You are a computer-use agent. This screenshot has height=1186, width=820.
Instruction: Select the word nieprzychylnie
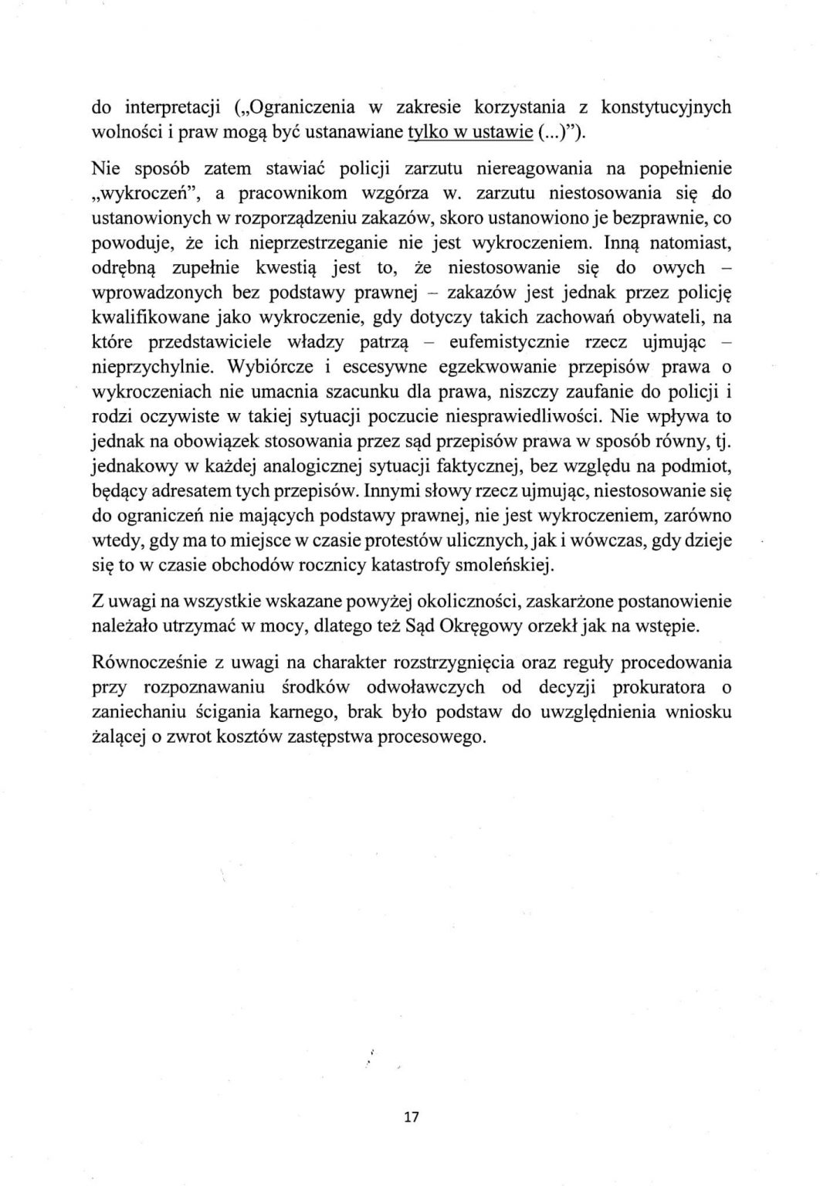tap(152, 367)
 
